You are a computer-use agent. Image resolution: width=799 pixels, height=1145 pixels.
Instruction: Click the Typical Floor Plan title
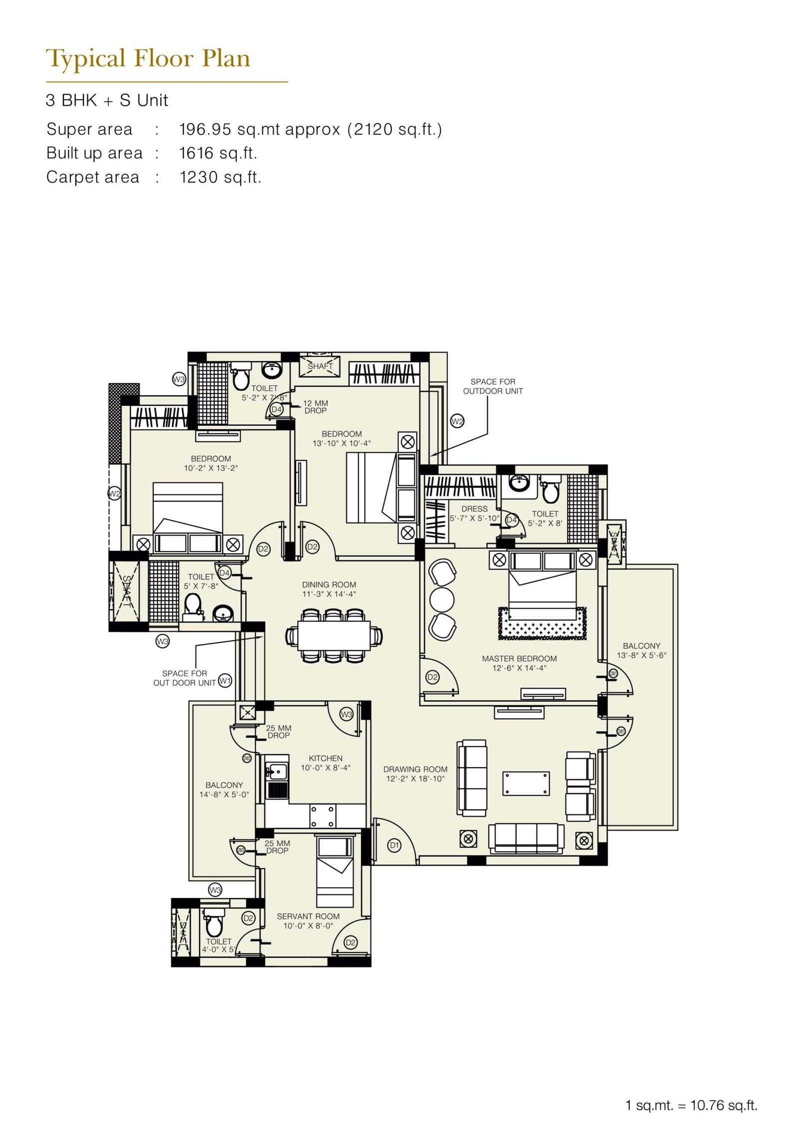pos(148,59)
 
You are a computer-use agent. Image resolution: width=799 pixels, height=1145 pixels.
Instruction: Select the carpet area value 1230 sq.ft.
pos(220,177)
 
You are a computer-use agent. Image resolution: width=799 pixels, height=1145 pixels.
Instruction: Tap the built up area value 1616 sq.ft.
pos(218,153)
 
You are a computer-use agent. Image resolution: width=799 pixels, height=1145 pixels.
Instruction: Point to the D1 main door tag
pos(394,845)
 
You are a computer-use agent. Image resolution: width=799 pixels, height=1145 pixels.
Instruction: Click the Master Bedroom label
pos(519,658)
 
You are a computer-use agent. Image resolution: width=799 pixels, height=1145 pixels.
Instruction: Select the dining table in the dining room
pos(334,635)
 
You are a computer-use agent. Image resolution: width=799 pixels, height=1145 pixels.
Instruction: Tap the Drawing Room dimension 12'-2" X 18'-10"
pos(415,779)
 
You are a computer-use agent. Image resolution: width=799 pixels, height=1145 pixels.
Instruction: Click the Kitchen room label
pos(325,758)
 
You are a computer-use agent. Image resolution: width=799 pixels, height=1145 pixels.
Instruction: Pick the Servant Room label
pos(308,916)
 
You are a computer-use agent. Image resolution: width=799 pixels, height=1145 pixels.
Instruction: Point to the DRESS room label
pos(474,509)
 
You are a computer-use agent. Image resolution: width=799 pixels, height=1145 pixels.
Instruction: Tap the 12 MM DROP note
pos(315,407)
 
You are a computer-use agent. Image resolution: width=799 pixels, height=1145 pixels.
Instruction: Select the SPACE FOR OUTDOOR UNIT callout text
pos(492,386)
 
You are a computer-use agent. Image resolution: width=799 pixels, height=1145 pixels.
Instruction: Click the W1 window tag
pos(225,681)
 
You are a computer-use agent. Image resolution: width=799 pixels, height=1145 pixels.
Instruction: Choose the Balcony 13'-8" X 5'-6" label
pos(641,650)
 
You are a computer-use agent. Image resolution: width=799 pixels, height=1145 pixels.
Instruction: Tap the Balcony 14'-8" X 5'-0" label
pos(224,790)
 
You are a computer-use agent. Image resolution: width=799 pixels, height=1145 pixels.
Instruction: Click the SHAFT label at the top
pos(320,366)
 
